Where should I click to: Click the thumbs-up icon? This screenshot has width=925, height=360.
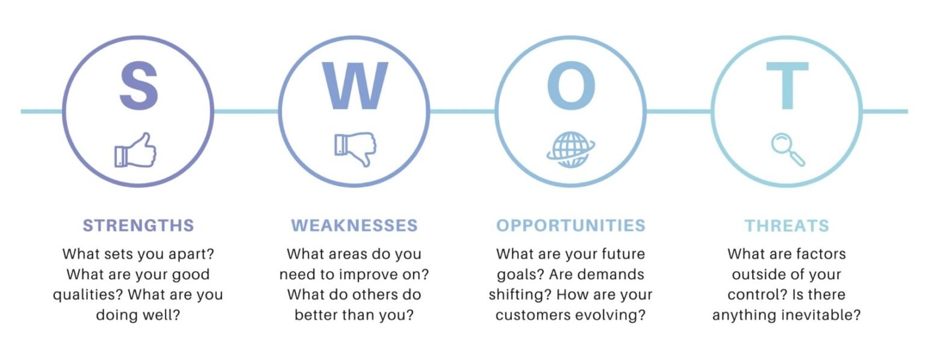tap(136, 150)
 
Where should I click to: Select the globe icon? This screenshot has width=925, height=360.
tap(571, 150)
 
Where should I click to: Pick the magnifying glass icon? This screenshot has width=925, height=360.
tap(788, 150)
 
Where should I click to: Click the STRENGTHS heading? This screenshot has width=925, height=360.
tap(139, 226)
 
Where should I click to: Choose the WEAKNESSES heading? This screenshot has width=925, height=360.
tap(354, 226)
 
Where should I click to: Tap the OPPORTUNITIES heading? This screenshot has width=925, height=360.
tap(571, 226)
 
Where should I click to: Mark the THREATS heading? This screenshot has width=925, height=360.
tap(786, 226)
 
